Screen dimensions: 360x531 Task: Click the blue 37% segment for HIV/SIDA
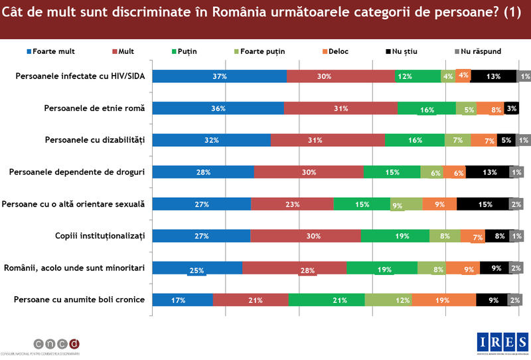point(220,76)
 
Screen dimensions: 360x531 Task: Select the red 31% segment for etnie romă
point(341,108)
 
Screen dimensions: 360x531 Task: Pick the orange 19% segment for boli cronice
point(443,300)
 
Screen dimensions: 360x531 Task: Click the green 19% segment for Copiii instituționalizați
point(395,236)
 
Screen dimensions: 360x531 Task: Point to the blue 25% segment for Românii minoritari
point(198,268)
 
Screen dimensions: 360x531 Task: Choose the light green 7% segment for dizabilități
point(457,140)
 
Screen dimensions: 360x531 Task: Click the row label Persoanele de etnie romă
point(94,108)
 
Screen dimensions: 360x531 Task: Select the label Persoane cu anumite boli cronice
point(79,300)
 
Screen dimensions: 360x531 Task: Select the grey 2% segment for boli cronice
point(516,300)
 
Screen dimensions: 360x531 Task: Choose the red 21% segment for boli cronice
point(251,300)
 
